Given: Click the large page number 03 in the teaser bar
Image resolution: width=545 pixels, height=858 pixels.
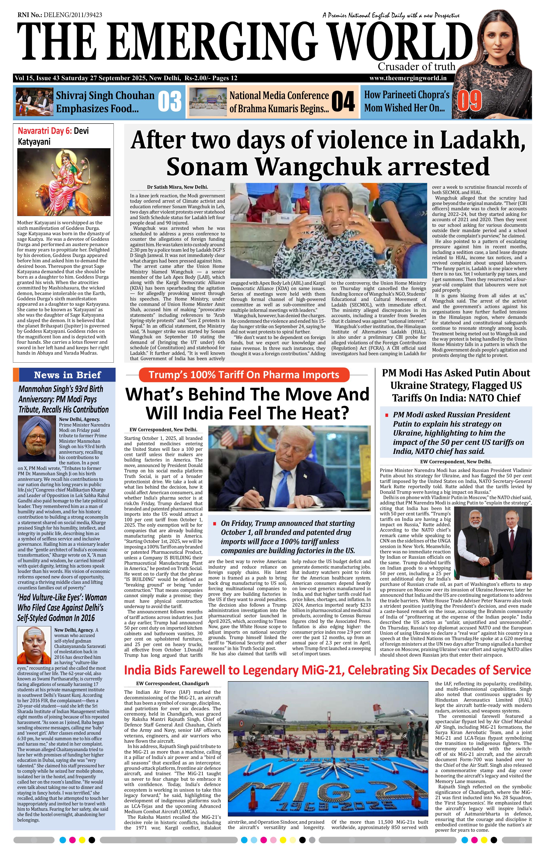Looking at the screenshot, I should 170,102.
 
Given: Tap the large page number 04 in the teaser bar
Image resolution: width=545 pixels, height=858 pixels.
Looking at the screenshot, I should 343,102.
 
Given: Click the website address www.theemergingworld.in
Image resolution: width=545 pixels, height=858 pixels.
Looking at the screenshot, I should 408,78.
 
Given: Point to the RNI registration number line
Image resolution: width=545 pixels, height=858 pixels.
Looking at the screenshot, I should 59,15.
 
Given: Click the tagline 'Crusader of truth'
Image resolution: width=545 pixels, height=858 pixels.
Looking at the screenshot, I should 416,67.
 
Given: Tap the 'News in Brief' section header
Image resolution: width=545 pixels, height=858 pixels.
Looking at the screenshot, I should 67,375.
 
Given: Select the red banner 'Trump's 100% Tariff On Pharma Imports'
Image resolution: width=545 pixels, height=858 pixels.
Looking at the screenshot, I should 244,375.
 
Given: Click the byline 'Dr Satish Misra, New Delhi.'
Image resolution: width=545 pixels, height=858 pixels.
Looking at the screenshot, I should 177,187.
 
